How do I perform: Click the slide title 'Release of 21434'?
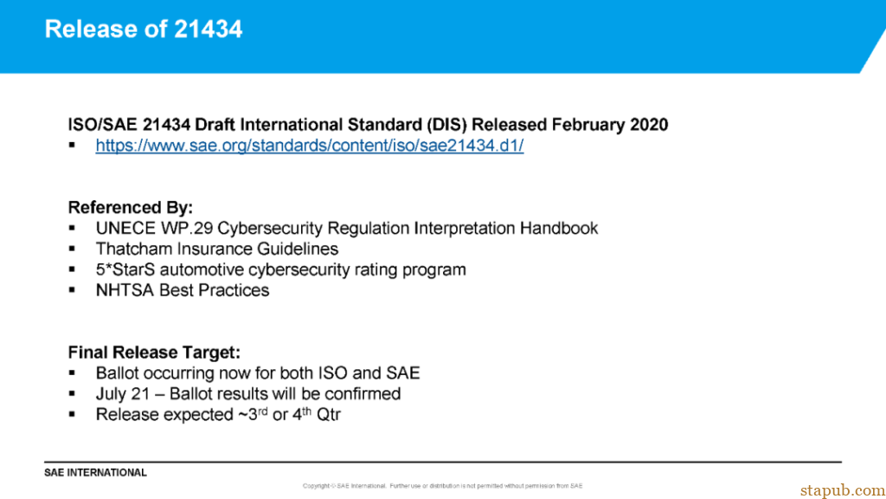144,29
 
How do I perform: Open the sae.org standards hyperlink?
309,146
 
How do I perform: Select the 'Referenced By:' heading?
131,208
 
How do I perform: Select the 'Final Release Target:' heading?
154,353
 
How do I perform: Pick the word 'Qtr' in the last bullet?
328,415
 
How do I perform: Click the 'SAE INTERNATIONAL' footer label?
96,473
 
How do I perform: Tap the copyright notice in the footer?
442,486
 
